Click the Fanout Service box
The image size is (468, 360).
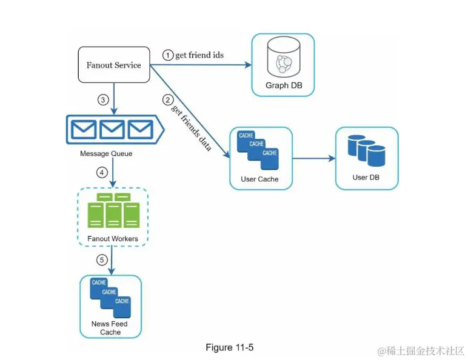pyautogui.click(x=114, y=65)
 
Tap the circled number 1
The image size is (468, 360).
pyautogui.click(x=168, y=55)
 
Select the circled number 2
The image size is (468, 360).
pyautogui.click(x=168, y=99)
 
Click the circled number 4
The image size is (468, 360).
pyautogui.click(x=102, y=173)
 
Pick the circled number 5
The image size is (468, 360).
pyautogui.click(x=102, y=261)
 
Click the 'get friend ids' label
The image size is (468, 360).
pyautogui.click(x=199, y=55)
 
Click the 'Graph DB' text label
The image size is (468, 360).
pyautogui.click(x=284, y=85)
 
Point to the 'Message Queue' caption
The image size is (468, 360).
pyautogui.click(x=106, y=154)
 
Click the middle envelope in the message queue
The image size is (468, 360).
pyautogui.click(x=112, y=128)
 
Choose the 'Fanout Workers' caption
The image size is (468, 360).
pyautogui.click(x=113, y=239)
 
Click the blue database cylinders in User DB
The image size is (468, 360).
pyautogui.click(x=367, y=152)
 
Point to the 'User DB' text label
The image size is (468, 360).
pyautogui.click(x=367, y=178)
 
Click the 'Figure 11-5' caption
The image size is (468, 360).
pyautogui.click(x=230, y=347)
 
